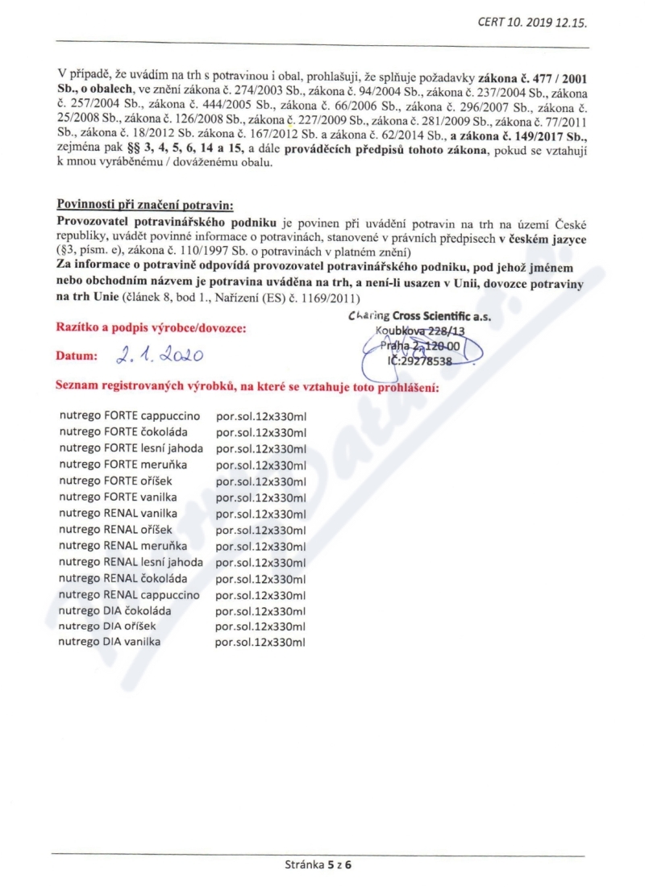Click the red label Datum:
(77, 356)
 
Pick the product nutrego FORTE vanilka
(118, 497)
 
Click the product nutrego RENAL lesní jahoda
(131, 561)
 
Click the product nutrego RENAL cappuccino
(129, 594)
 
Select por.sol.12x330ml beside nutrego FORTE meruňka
(261, 465)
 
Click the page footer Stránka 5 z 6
(319, 865)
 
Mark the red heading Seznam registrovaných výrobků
(246, 388)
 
